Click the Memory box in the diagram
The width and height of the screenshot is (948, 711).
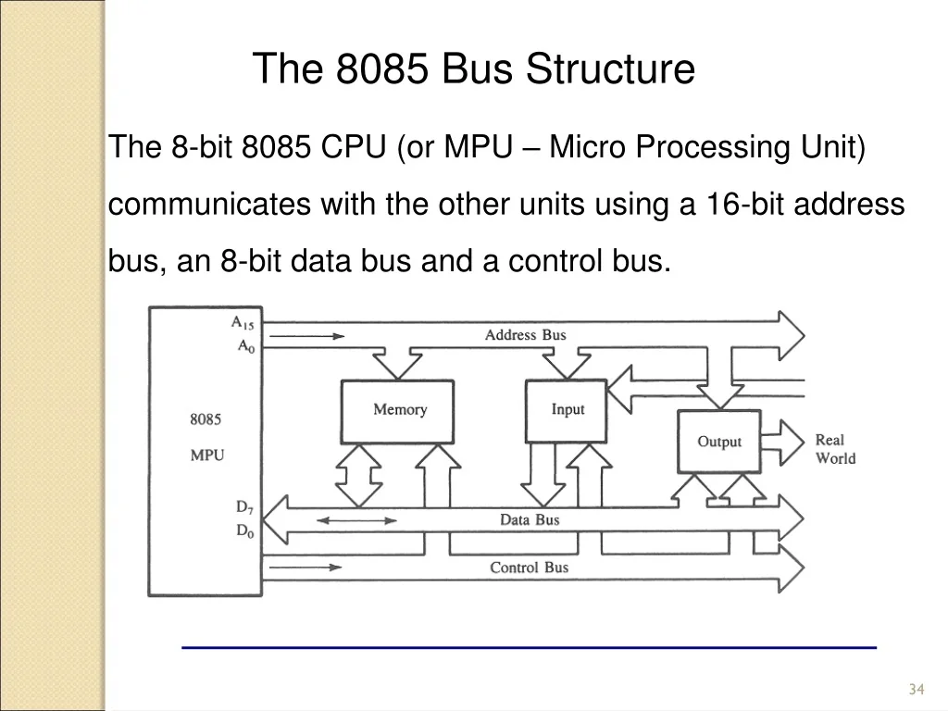397,412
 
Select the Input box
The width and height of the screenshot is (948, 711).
566,411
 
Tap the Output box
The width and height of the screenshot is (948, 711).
718,442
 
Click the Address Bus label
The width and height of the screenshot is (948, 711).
526,335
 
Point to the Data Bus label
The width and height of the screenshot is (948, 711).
530,520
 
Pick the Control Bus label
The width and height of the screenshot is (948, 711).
529,568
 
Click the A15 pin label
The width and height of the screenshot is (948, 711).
243,323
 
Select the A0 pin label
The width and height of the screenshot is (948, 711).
246,346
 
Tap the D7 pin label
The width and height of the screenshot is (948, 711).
244,507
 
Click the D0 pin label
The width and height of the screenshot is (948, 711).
244,530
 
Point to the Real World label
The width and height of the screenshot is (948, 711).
836,449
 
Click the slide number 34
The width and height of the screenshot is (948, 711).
917,689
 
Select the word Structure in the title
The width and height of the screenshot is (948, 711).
610,69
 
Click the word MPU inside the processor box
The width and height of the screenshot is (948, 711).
207,455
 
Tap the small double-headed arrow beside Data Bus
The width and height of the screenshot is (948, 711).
356,520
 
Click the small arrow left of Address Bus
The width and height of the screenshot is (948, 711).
306,336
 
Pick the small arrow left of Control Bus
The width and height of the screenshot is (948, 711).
306,568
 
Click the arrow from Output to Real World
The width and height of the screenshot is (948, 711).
782,443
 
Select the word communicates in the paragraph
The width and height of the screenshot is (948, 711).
209,204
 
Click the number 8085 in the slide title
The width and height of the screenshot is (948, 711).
382,69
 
